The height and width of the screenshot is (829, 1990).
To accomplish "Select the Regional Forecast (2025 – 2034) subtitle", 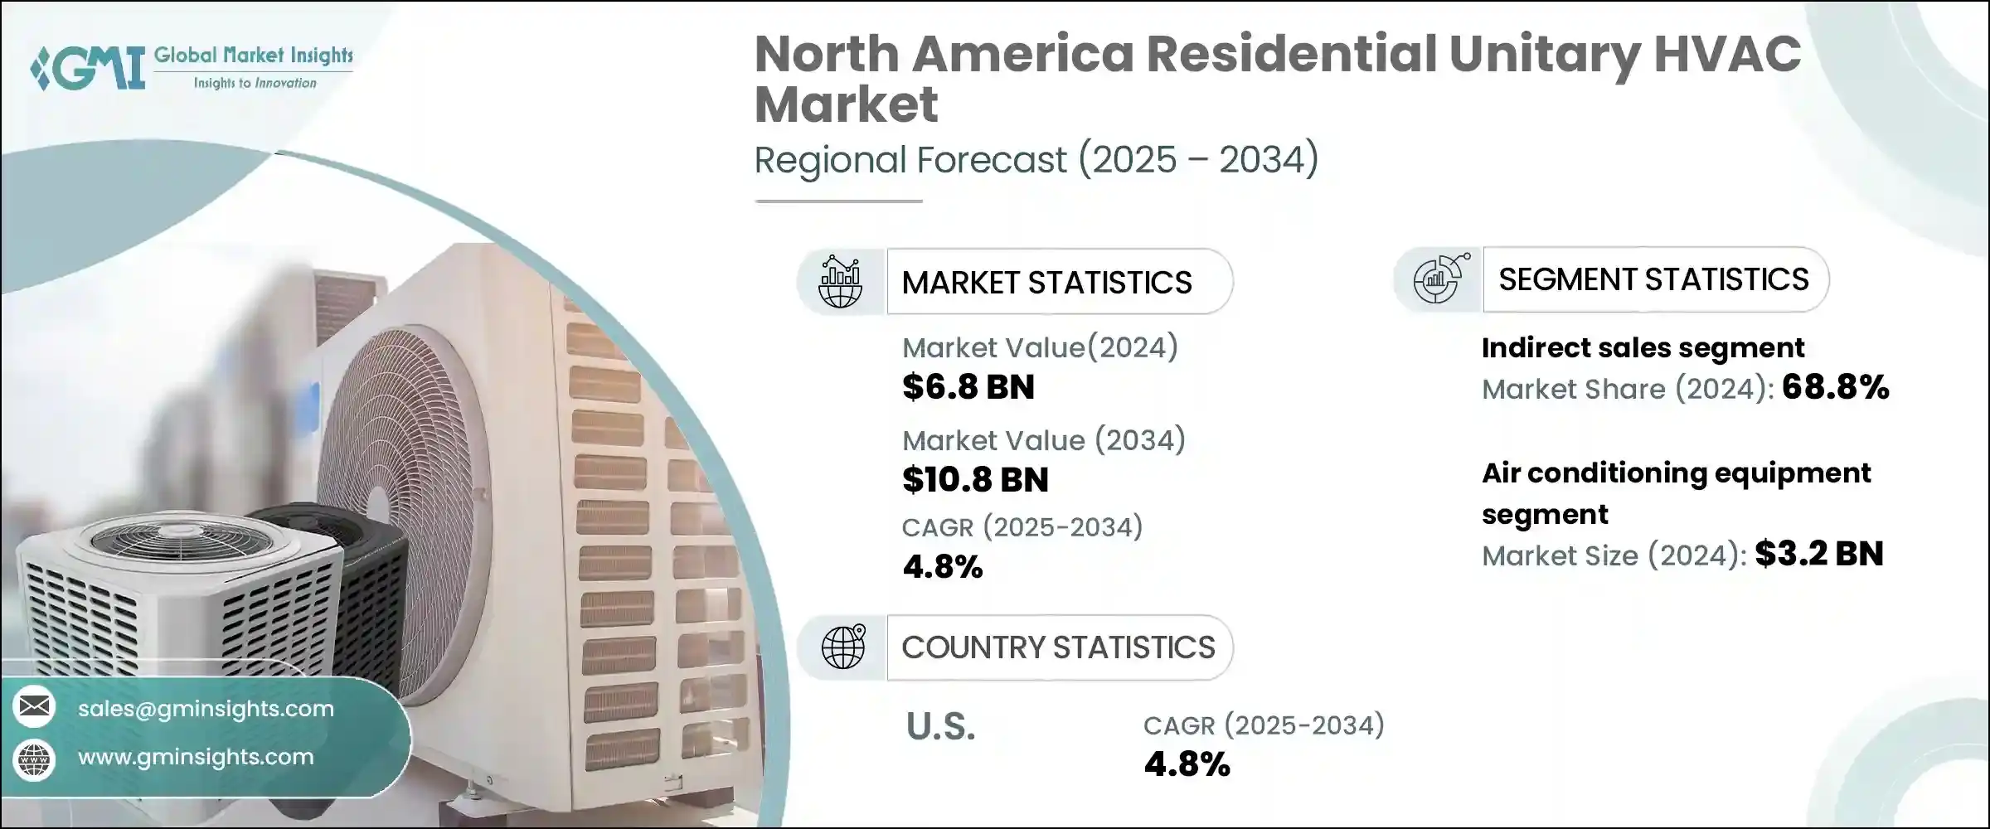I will coord(1036,159).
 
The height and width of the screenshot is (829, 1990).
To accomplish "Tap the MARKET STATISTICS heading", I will coord(1046,283).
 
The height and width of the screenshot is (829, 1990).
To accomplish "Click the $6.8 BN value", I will coord(968,387).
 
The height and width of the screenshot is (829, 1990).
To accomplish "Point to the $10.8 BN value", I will coord(975,480).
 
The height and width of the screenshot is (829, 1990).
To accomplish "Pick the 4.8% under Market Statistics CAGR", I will coord(943,567).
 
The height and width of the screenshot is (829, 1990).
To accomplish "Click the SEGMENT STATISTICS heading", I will coord(1653,279).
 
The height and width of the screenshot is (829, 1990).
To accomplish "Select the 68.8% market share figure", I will coord(1835,387).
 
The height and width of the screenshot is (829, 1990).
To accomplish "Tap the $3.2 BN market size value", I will coord(1819,554).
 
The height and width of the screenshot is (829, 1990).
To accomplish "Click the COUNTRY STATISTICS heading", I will coord(1058,647).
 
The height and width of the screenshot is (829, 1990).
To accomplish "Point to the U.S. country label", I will coord(940,727).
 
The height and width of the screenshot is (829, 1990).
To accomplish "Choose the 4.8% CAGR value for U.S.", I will coord(1187,764).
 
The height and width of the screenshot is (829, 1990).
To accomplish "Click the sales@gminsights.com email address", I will coord(206,709).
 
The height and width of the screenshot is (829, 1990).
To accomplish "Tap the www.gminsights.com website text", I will coord(196,757).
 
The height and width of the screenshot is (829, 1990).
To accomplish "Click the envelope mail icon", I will coord(34,707).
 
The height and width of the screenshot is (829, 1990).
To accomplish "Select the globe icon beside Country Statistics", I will coord(842,647).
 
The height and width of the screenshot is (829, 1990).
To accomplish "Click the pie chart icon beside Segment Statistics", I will coord(1439,279).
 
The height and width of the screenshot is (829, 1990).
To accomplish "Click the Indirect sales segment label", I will coord(1643,348).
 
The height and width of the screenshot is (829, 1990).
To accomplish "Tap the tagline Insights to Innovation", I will coord(255,83).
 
